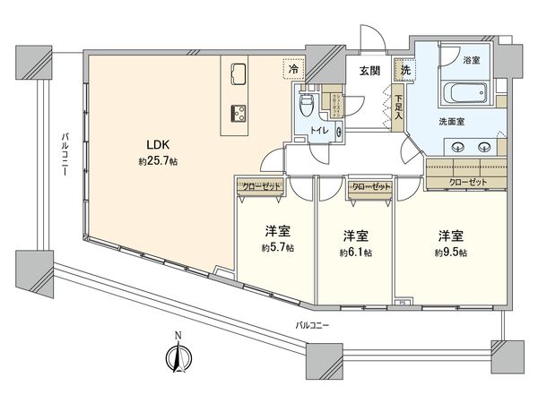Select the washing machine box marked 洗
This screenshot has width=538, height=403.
[406, 71]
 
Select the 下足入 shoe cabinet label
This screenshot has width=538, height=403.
[399, 107]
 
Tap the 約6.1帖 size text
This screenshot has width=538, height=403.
[356, 253]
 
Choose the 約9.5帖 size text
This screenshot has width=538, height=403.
[450, 253]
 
